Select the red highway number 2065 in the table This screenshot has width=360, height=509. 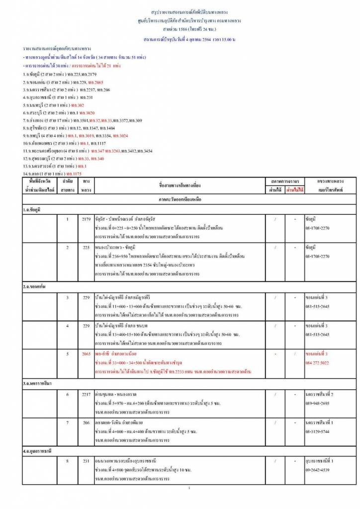(86, 353)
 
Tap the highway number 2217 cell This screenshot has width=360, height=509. (86, 394)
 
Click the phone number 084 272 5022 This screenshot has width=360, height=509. (317, 362)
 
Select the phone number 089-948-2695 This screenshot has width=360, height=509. (317, 403)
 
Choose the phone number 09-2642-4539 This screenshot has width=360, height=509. (317, 470)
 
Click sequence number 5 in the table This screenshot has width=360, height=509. (67, 353)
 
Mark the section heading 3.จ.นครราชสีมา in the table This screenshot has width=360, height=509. (37, 383)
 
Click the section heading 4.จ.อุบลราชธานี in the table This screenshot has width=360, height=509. (38, 451)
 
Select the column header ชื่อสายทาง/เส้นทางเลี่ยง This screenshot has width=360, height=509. (180, 185)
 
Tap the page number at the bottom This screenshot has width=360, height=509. (189, 488)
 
